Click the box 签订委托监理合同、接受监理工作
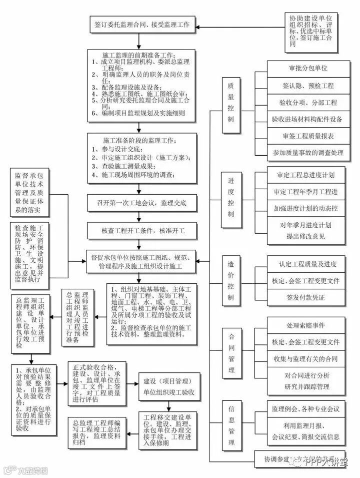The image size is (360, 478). coord(142,24)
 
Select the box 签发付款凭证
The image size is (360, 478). coord(305,297)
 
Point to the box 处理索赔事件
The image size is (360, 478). coord(305,325)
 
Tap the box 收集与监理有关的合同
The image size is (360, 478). coord(305,359)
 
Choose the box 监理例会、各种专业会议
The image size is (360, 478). coord(305,409)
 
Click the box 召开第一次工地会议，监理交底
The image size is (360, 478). coord(142,203)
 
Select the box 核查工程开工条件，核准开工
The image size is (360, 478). coord(142,231)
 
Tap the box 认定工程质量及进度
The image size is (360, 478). coord(305,264)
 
